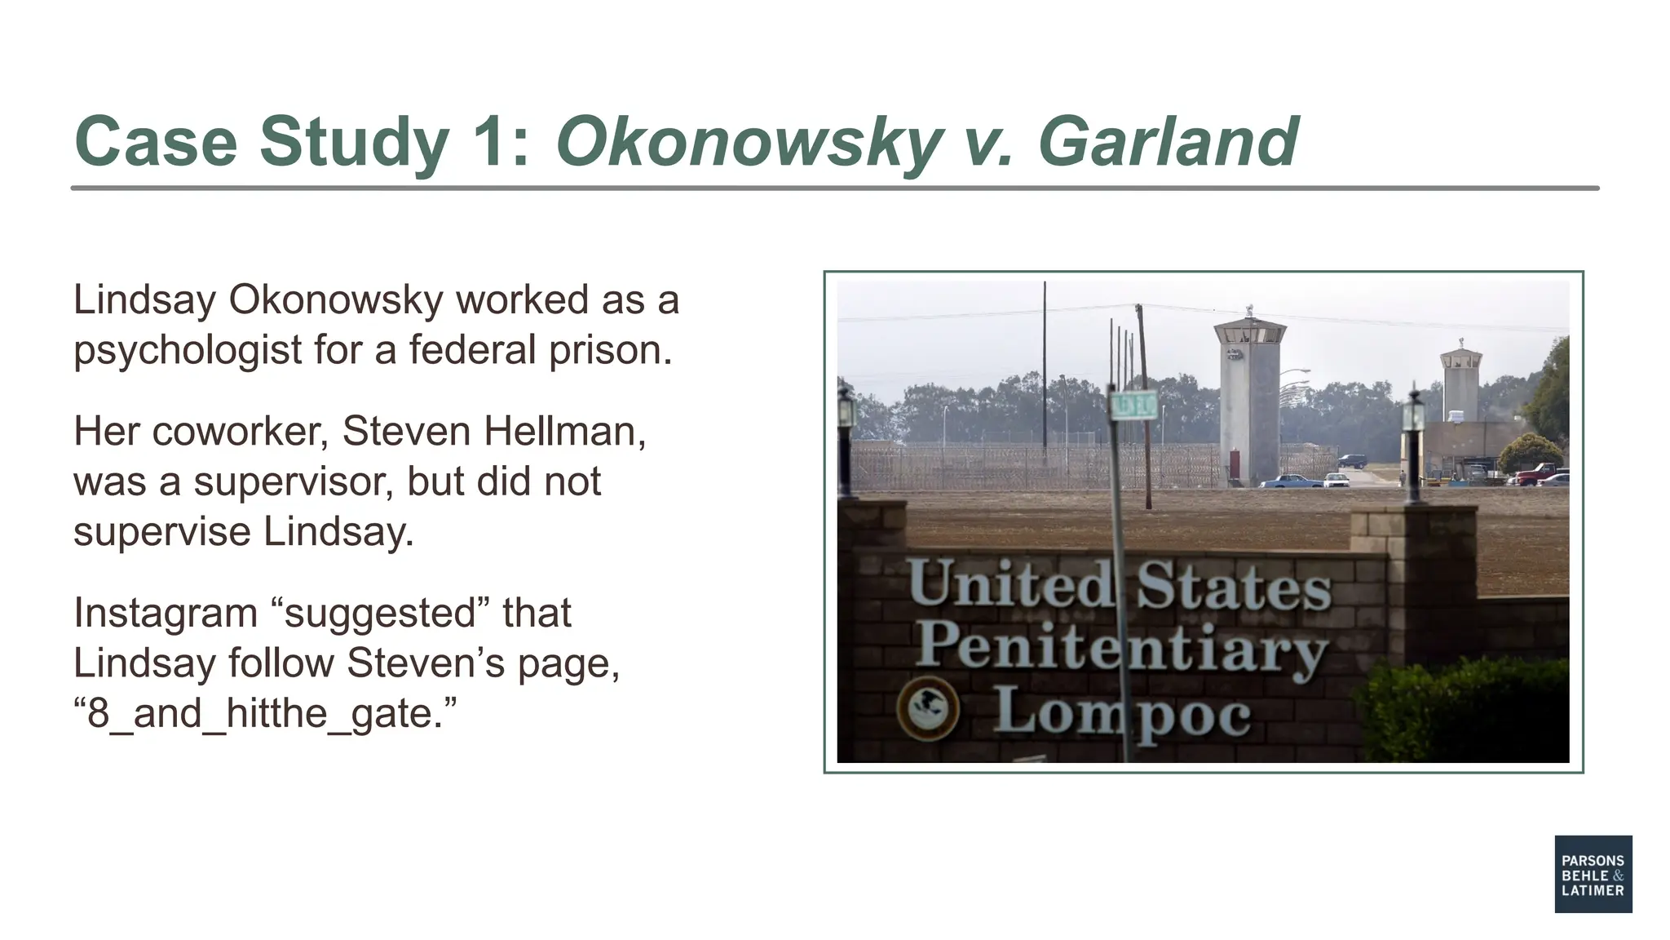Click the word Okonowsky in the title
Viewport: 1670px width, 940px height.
tap(747, 143)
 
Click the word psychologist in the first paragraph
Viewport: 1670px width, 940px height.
tap(188, 350)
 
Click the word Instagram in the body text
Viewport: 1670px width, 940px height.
tap(166, 613)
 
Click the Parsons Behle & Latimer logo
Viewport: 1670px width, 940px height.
tap(1593, 873)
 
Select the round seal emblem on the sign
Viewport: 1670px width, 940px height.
tap(928, 708)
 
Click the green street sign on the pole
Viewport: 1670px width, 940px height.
tap(1134, 404)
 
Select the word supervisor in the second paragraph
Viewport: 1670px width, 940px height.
tap(294, 481)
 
